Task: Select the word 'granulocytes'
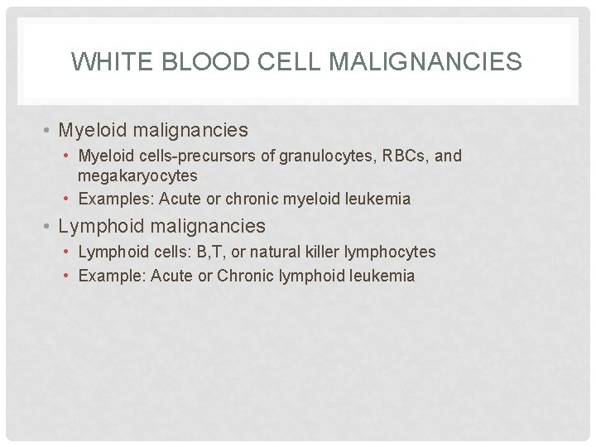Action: tap(310, 156)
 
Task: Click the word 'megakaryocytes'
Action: tap(137, 175)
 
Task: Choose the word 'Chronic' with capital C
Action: tap(245, 276)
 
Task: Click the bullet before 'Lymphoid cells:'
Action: tap(68, 252)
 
